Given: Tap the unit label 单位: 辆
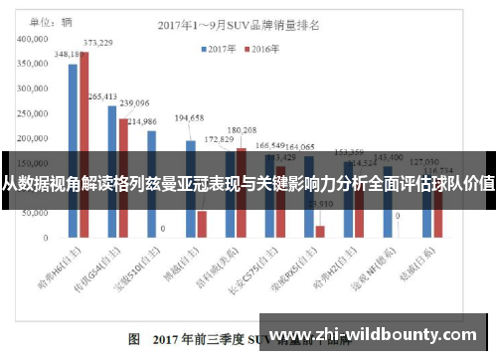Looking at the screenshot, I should (x=53, y=20).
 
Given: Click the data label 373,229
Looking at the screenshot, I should (x=97, y=43).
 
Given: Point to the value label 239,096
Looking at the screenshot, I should (x=134, y=102).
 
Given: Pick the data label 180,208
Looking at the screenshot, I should (x=242, y=130).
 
